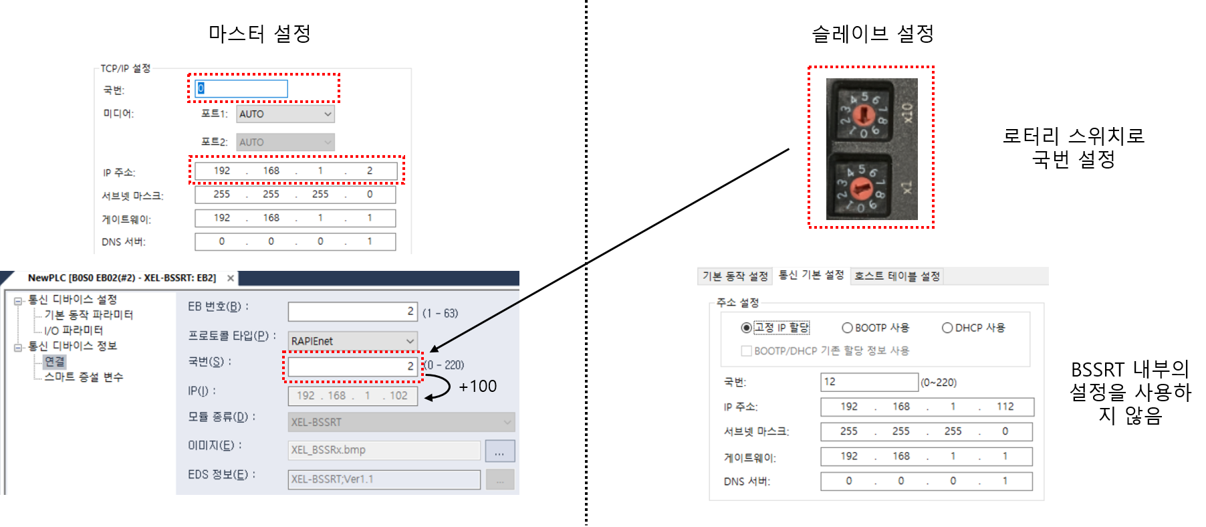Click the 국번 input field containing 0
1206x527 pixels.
241,88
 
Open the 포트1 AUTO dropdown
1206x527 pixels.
285,114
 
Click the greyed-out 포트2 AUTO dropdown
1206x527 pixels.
285,142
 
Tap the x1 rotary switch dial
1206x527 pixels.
862,190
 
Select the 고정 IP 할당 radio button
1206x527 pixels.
746,328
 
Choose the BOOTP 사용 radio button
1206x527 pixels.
847,328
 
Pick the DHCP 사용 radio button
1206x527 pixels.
947,328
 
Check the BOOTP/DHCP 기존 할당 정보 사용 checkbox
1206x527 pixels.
746,350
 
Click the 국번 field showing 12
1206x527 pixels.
869,382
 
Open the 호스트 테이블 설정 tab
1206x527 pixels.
897,276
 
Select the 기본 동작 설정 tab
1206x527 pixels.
735,276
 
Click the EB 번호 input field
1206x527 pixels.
352,312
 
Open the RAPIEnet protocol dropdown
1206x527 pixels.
352,341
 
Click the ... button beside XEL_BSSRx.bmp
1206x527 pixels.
499,451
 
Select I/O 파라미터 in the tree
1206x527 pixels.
74,330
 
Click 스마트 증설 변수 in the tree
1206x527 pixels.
84,377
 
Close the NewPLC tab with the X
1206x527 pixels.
231,278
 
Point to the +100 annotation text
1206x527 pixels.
477,387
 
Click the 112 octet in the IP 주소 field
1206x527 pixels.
1005,407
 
